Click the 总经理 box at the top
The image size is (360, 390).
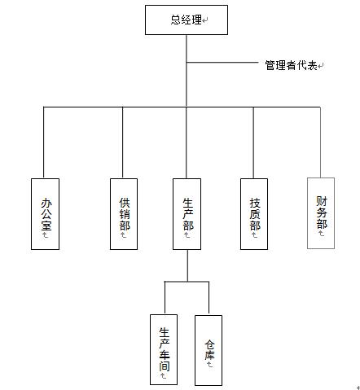click(187, 20)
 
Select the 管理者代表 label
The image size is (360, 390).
click(291, 65)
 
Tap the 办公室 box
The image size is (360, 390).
click(45, 214)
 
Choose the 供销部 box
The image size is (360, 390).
click(124, 214)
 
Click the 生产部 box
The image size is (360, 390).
click(187, 214)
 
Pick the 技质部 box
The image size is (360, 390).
click(254, 214)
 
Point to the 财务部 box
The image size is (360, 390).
click(321, 213)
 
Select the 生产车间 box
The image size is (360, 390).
click(164, 349)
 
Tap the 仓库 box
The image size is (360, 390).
click(209, 350)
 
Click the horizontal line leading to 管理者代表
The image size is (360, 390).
click(222, 63)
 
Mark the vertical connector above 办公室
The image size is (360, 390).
click(44, 142)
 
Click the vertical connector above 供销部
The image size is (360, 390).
click(122, 142)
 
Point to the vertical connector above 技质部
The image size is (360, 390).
click(253, 142)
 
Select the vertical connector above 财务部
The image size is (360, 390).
click(320, 142)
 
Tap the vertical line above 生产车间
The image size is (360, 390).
click(165, 298)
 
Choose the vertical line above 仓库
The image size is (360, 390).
click(209, 298)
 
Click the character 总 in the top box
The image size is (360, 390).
click(176, 20)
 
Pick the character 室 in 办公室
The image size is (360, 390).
click(46, 226)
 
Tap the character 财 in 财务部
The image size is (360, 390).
click(322, 201)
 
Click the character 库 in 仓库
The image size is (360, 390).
click(209, 355)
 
